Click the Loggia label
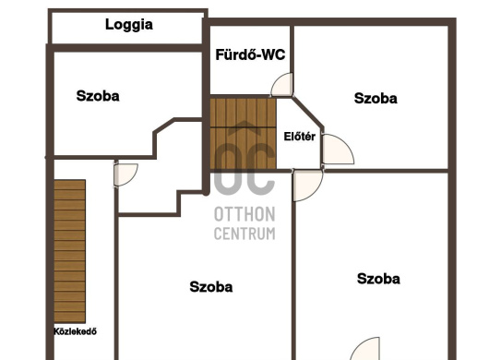click(129, 25)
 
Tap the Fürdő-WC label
click(250, 54)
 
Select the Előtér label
click(299, 137)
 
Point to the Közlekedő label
click(75, 331)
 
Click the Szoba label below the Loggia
click(98, 96)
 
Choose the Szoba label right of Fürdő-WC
click(376, 99)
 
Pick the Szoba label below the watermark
click(210, 287)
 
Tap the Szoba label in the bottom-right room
click(378, 279)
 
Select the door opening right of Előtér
click(338, 150)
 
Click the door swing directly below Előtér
click(308, 186)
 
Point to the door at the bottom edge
click(364, 348)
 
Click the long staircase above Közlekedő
click(69, 251)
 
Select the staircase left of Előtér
click(244, 134)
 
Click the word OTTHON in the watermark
click(244, 214)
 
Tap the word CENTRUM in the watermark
click(244, 234)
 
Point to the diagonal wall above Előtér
click(308, 113)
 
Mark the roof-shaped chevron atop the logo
click(244, 128)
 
